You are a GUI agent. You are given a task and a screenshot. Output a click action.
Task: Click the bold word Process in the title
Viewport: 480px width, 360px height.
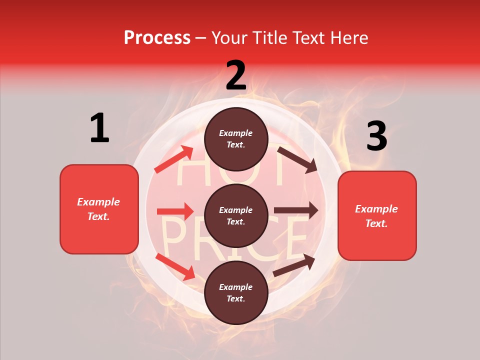point(157,38)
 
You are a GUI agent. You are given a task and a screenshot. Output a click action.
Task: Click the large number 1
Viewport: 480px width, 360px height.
point(99,128)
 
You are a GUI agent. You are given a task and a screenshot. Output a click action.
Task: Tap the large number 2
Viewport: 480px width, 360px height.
point(236,75)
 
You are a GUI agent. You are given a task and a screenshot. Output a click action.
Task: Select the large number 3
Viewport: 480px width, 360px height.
point(376,136)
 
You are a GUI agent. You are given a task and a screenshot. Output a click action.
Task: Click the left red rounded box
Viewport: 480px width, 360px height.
point(99,209)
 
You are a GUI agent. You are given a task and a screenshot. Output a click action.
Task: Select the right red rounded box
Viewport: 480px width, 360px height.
point(377,215)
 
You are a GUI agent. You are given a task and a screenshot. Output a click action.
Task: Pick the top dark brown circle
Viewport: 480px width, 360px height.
point(236,139)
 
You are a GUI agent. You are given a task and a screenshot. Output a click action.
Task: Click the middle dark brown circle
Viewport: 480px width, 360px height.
point(236,215)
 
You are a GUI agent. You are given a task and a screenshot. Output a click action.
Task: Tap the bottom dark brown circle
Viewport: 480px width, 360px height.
point(236,292)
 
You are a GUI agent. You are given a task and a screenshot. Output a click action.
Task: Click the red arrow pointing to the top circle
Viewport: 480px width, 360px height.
point(173,159)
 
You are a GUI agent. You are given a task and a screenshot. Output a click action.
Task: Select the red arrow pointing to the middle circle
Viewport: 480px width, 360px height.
point(175,211)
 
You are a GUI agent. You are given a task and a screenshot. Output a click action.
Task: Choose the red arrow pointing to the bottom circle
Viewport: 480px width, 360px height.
point(175,266)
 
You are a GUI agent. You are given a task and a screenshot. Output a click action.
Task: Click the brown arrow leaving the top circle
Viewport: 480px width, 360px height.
point(297,159)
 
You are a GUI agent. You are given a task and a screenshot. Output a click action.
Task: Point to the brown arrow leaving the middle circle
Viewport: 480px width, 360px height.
point(296,210)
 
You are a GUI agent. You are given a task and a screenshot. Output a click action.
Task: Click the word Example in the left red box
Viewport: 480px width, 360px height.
point(98,202)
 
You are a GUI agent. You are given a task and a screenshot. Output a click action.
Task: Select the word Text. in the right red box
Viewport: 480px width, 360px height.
point(376,223)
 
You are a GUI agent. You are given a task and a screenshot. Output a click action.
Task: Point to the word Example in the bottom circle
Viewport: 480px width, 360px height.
point(236,287)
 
